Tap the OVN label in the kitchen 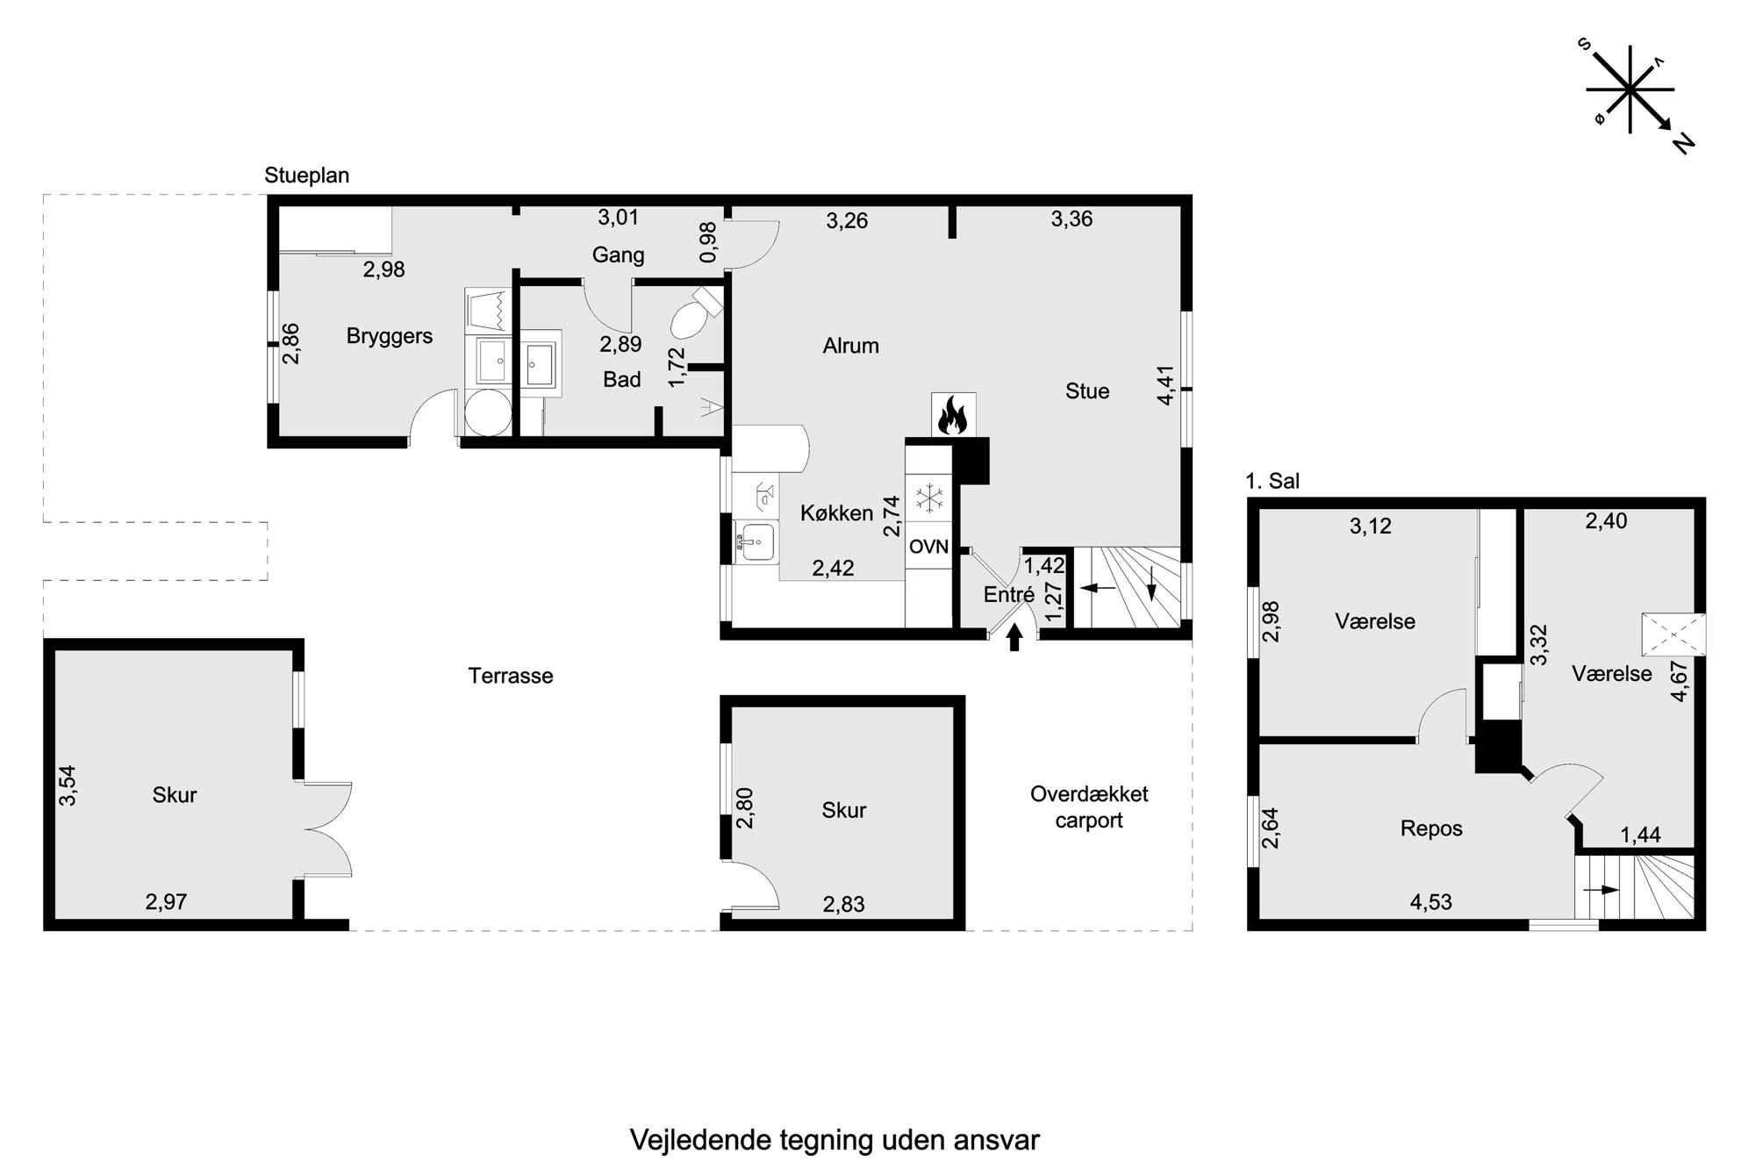(x=928, y=547)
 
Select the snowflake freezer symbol (x=928, y=499)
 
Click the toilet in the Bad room (x=696, y=312)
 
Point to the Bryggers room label (x=390, y=336)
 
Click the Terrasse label (x=511, y=676)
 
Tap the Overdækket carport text (x=1089, y=807)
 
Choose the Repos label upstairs (x=1431, y=829)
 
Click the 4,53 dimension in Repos (x=1430, y=902)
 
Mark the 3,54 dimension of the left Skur (x=68, y=785)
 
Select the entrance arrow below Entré (x=1014, y=636)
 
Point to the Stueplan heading (x=307, y=176)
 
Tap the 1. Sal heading (x=1272, y=481)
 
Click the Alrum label (x=850, y=346)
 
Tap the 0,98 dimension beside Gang (x=709, y=242)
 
